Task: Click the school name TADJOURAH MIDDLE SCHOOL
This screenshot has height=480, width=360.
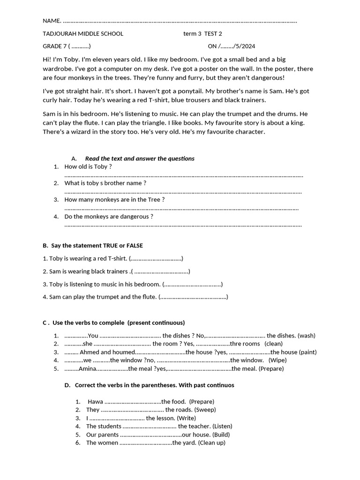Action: pyautogui.click(x=83, y=34)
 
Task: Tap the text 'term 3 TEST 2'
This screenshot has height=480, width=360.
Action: pyautogui.click(x=202, y=34)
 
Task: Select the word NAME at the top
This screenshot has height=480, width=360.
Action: pyautogui.click(x=52, y=21)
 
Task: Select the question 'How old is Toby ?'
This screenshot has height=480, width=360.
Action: pyautogui.click(x=88, y=166)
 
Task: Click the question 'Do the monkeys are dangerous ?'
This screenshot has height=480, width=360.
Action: pyautogui.click(x=109, y=217)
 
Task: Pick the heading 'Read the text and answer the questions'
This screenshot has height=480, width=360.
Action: pyautogui.click(x=140, y=158)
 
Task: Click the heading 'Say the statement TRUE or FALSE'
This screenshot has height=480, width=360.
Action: pyautogui.click(x=93, y=246)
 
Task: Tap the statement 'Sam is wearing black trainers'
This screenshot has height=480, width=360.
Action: pyautogui.click(x=85, y=271)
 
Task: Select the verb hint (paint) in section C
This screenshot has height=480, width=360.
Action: pyautogui.click(x=307, y=352)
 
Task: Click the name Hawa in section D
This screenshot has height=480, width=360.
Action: pyautogui.click(x=95, y=402)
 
